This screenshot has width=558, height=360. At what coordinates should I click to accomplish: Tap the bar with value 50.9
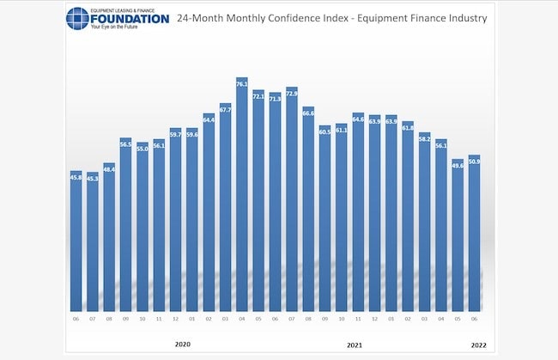coord(474,234)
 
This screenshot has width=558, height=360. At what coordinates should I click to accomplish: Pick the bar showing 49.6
coord(458,236)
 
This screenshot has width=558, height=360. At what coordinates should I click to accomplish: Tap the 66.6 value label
coord(308,113)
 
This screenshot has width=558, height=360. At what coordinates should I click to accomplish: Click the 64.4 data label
coord(209,119)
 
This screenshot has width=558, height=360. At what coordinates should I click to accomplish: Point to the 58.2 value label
coord(424,138)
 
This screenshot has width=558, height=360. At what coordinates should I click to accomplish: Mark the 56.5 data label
coord(125,144)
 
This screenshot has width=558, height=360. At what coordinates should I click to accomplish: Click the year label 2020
coord(183,345)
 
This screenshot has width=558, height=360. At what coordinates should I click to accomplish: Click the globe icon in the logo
coord(76,18)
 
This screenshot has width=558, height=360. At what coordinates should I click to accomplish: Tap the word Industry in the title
coord(464,17)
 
